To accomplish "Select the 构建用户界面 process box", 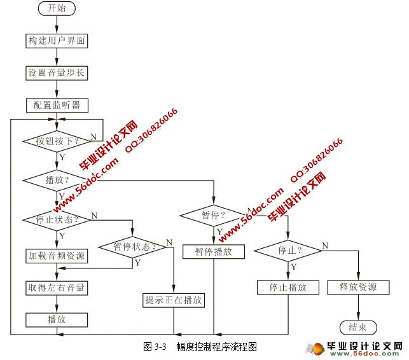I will click(x=57, y=41).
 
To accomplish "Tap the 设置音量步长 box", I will click(x=57, y=73).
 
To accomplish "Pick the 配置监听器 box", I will click(x=57, y=104).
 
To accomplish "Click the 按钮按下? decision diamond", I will click(x=57, y=141).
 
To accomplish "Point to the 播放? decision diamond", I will click(x=57, y=180).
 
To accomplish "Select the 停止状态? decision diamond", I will click(x=57, y=220).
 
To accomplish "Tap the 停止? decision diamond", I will click(x=289, y=250).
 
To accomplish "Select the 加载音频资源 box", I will click(x=57, y=256).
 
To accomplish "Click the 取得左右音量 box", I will click(x=57, y=287).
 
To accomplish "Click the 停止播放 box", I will click(x=289, y=287).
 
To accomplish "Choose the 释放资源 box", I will click(x=358, y=287).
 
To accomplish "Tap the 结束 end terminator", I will click(x=358, y=327).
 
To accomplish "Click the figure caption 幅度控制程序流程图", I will click(x=216, y=347).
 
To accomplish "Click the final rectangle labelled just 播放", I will click(x=57, y=319).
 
